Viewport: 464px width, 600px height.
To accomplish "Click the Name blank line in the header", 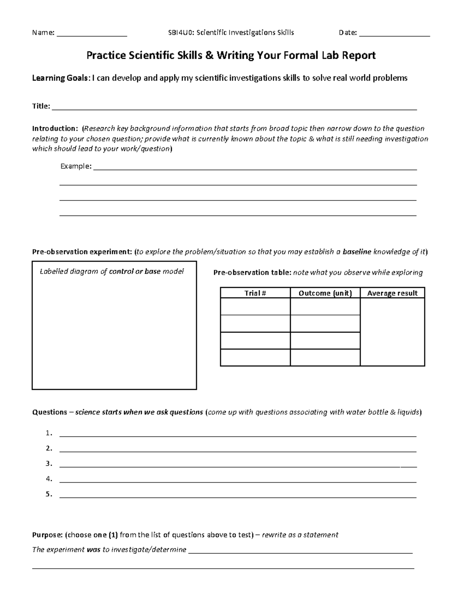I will (92, 35).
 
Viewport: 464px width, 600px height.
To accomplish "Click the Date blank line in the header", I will (394, 35).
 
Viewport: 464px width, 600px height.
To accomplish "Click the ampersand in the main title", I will (209, 56).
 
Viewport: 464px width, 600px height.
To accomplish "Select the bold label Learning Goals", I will (60, 78).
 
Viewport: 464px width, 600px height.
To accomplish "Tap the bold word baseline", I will (357, 252).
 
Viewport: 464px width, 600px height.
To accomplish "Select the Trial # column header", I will (255, 293).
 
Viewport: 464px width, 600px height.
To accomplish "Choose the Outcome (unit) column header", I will (325, 293).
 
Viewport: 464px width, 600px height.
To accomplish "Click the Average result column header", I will (392, 293).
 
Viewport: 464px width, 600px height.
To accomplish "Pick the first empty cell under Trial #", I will (255, 306).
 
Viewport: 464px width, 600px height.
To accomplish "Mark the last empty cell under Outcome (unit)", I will (325, 357).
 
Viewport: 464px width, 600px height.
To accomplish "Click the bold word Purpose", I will (47, 535).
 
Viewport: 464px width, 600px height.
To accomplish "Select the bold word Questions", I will (49, 412).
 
